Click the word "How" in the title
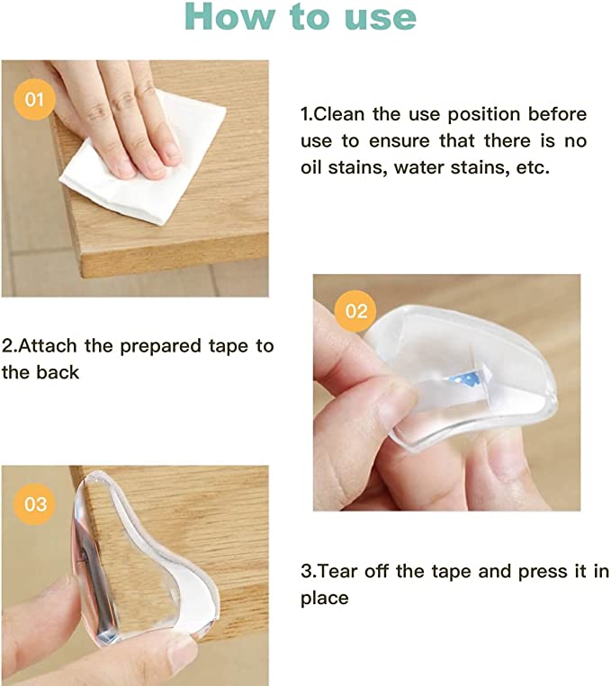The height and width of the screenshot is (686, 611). pyautogui.click(x=230, y=16)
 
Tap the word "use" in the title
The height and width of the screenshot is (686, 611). pyautogui.click(x=380, y=18)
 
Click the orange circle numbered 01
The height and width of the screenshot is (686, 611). pyautogui.click(x=34, y=99)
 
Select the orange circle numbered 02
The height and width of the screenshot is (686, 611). pyautogui.click(x=355, y=311)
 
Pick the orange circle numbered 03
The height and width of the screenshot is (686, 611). pyautogui.click(x=35, y=504)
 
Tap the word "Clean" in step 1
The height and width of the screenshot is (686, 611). pyautogui.click(x=339, y=114)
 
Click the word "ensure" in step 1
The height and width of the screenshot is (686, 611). pyautogui.click(x=399, y=142)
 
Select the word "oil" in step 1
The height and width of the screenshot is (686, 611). pyautogui.click(x=311, y=167)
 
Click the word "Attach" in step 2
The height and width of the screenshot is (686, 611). pyautogui.click(x=48, y=346)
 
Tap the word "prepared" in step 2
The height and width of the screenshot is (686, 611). pyautogui.click(x=160, y=347)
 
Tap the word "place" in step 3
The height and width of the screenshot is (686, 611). pyautogui.click(x=325, y=599)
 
